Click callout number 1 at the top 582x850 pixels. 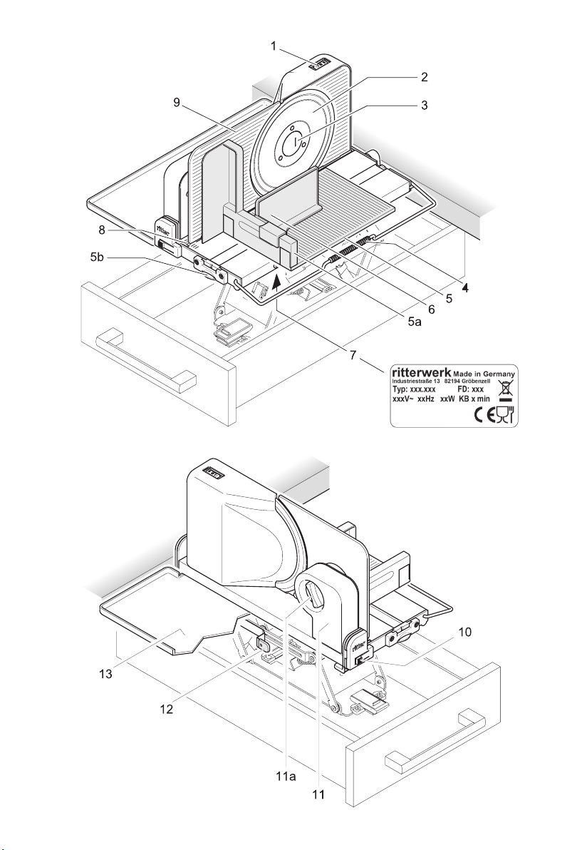tap(274, 47)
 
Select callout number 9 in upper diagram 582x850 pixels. tap(177, 102)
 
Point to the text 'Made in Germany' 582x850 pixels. tap(484, 373)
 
